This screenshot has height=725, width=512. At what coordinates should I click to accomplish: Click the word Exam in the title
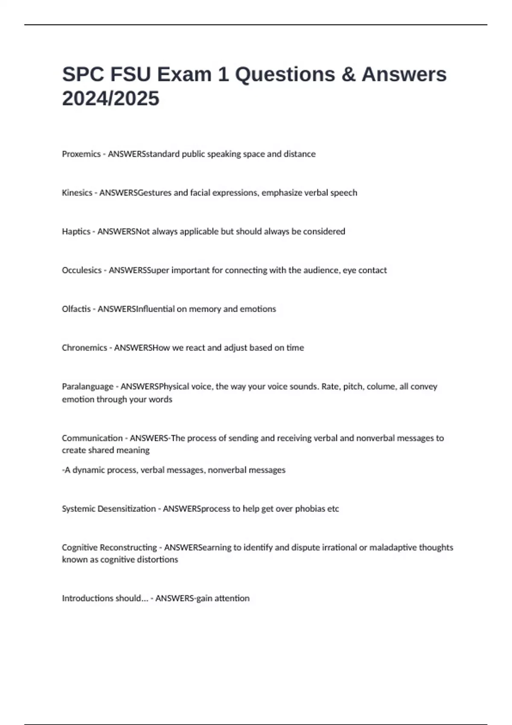[x=184, y=75]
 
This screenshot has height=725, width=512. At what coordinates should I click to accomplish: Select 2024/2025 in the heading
[x=111, y=99]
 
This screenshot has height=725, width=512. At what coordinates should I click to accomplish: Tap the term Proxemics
[x=81, y=154]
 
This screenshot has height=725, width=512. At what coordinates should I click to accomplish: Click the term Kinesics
[x=77, y=193]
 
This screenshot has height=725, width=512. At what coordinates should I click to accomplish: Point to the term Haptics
[x=76, y=232]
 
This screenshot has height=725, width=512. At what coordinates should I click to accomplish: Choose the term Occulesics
[x=81, y=270]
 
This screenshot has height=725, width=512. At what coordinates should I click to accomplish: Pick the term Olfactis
[x=76, y=309]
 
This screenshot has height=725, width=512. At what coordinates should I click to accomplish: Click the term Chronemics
[x=84, y=348]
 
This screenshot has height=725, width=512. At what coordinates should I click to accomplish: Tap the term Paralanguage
[x=87, y=387]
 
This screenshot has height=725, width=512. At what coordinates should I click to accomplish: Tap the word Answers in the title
[x=404, y=75]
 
